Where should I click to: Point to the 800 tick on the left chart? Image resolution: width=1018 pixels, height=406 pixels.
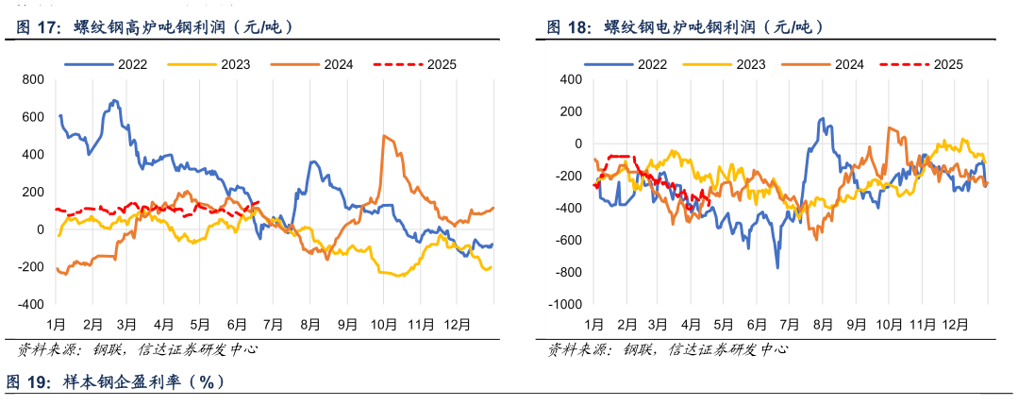(32, 79)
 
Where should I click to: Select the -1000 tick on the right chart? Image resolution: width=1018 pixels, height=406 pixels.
(563, 305)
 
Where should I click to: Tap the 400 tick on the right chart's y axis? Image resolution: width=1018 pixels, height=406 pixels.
(569, 79)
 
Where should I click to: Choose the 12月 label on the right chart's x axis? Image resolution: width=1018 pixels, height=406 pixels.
(954, 324)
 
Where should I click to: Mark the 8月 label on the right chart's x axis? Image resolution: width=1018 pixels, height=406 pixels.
(821, 324)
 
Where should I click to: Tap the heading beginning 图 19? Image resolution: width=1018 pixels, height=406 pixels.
(117, 381)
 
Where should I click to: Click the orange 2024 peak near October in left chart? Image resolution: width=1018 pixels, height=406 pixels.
(384, 136)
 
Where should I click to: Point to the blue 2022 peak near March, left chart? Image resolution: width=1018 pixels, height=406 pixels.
(114, 100)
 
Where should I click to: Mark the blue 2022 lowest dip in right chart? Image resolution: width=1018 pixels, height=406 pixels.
(777, 268)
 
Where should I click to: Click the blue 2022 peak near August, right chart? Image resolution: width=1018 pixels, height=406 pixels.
(822, 118)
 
